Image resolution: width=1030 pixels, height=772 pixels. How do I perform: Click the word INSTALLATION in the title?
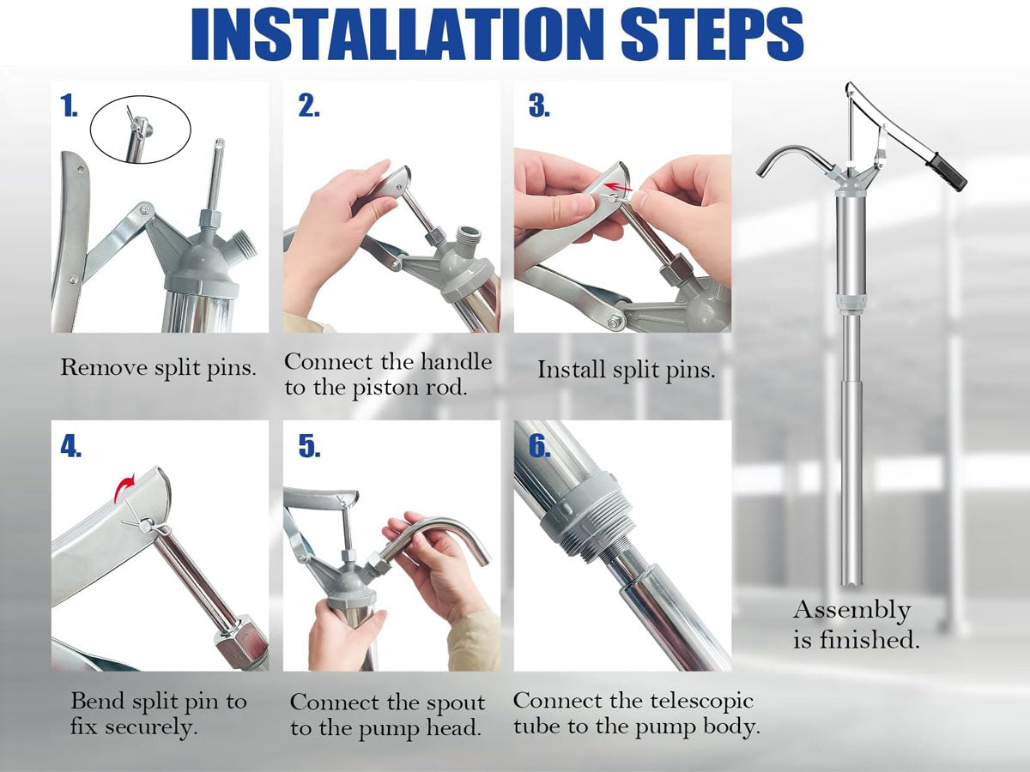coord(397,35)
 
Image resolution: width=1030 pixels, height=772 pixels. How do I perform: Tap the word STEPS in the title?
coord(712,35)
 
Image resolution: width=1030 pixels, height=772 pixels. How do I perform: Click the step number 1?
coord(69,106)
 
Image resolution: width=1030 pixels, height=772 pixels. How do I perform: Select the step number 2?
coord(309,106)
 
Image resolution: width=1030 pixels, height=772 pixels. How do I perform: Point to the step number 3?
coord(539,106)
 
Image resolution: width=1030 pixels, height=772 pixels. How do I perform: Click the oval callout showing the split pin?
coord(141,98)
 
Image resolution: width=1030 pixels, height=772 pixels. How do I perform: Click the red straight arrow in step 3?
coord(618,188)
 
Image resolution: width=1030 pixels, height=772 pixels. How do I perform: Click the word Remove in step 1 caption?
coord(104,367)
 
